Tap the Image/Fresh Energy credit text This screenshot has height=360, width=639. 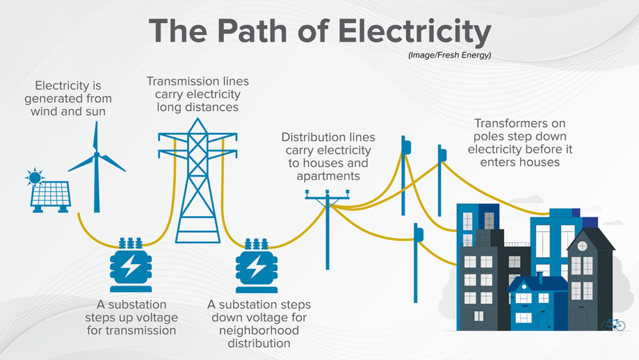(x=449, y=56)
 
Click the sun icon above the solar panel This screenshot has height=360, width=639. (x=35, y=177)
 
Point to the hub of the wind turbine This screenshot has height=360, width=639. (x=96, y=154)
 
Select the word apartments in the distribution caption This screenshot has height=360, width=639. (x=328, y=176)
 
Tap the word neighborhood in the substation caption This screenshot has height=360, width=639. (x=258, y=330)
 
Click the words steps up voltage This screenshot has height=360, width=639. (x=132, y=317)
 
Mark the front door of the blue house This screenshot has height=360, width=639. (x=543, y=319)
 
